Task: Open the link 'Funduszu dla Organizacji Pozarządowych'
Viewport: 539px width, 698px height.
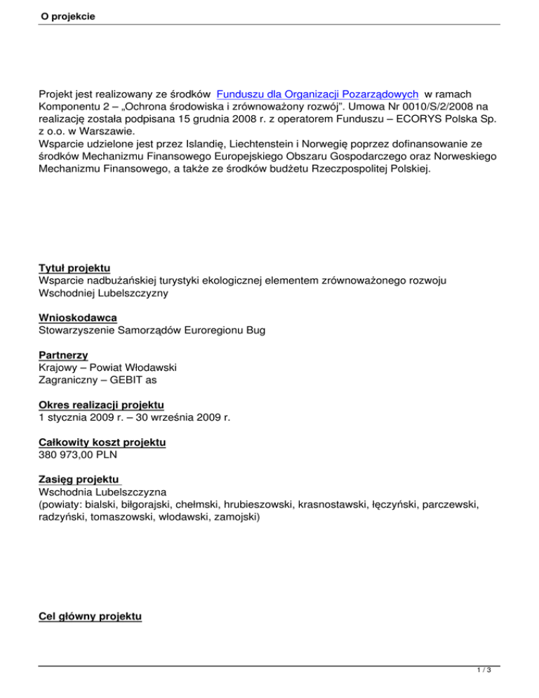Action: click(x=318, y=94)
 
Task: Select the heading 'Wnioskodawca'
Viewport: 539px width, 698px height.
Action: click(x=77, y=317)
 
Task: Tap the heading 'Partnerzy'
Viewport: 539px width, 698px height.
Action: click(x=62, y=355)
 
